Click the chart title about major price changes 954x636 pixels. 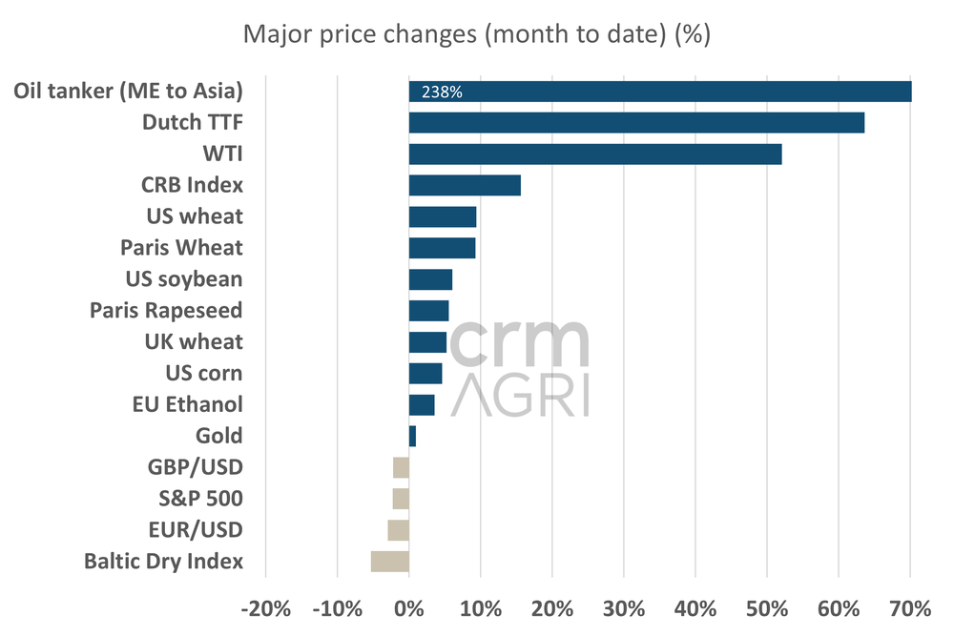[477, 35]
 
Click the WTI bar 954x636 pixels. [595, 154]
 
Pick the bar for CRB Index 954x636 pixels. [465, 185]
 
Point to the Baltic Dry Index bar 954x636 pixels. [390, 562]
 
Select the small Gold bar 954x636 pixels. [412, 436]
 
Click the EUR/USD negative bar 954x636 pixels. [399, 530]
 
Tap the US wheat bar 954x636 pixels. [443, 216]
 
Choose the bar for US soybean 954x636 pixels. [430, 279]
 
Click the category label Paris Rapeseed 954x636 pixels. [166, 310]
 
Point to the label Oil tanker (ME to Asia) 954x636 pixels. [129, 92]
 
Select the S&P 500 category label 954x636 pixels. [200, 499]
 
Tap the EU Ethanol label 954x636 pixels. [188, 404]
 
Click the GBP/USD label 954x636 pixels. [196, 467]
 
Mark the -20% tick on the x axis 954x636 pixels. [265, 608]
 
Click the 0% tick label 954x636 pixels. [409, 608]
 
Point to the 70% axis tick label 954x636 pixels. [910, 608]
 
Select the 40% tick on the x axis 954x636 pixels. [695, 608]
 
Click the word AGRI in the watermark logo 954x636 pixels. [520, 394]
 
